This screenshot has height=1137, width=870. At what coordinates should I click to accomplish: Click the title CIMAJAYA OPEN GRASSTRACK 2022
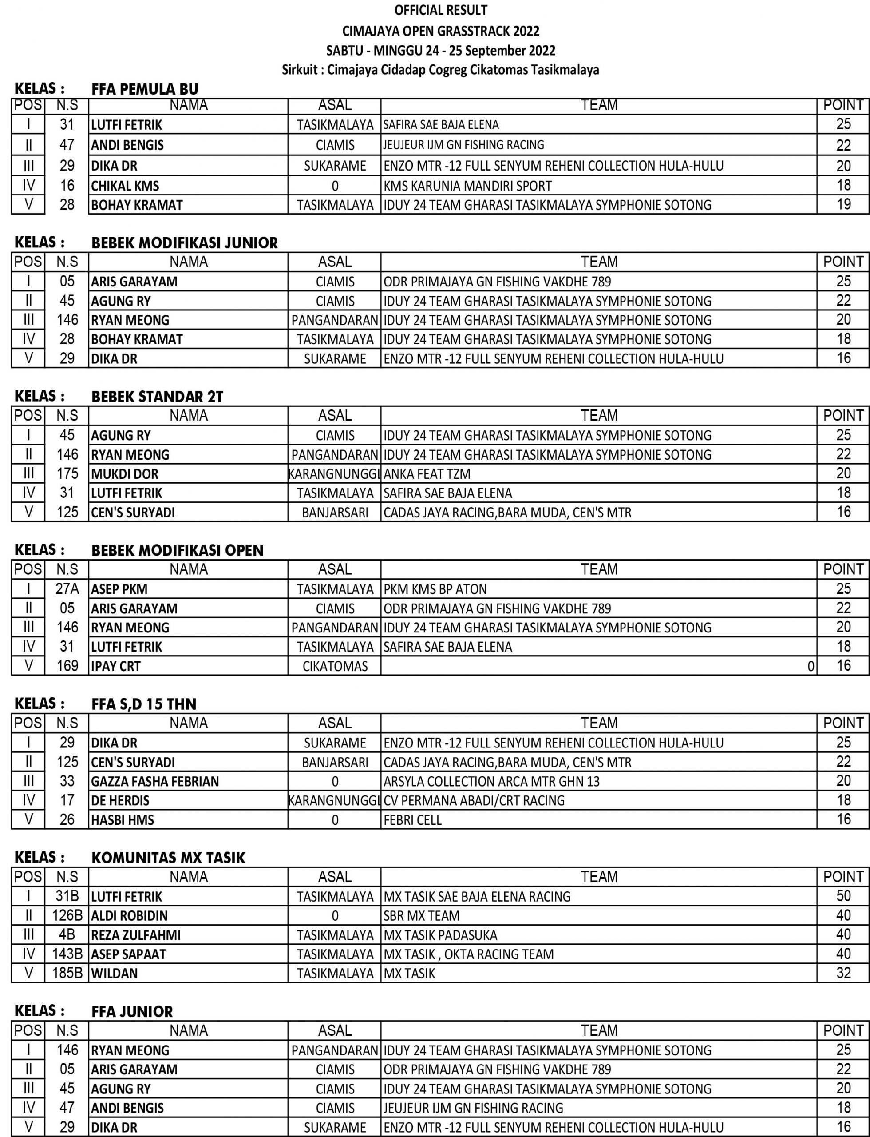tap(441, 31)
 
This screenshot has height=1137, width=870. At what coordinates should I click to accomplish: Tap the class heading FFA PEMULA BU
tap(145, 89)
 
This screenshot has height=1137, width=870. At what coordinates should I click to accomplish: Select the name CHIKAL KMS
tap(125, 186)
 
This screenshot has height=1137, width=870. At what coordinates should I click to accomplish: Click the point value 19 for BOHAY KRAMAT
tap(843, 204)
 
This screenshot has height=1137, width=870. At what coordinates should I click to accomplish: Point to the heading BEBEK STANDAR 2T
tap(157, 397)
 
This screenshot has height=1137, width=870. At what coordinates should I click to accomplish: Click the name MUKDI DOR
tap(125, 473)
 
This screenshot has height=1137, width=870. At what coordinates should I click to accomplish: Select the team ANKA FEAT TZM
tap(427, 473)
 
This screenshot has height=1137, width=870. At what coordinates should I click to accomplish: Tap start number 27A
tap(67, 589)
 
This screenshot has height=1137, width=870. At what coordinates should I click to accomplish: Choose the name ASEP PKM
tap(119, 589)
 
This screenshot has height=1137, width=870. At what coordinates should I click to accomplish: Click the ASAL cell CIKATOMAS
tap(335, 666)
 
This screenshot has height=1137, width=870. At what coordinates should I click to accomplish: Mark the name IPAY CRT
tap(115, 666)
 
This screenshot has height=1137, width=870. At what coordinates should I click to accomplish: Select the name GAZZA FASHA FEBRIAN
tap(155, 781)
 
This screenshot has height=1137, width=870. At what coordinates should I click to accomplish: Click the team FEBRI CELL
tap(412, 820)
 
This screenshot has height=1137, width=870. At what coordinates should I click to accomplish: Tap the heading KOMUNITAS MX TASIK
tap(168, 858)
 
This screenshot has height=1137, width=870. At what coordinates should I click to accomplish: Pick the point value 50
tap(843, 895)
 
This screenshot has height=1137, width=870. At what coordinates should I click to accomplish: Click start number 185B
tap(67, 973)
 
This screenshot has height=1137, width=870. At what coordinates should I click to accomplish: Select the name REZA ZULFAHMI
tap(136, 935)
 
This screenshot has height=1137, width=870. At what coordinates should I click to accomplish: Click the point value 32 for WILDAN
tap(843, 973)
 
